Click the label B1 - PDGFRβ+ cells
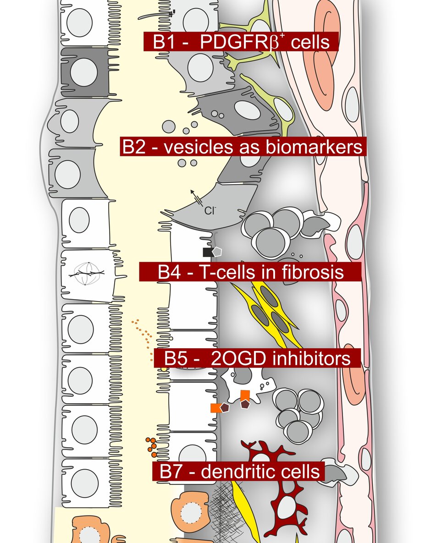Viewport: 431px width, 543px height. [241, 42]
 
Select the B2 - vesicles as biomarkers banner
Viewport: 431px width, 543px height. [243, 148]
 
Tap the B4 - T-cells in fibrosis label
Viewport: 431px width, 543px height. [250, 272]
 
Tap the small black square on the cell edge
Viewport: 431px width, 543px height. [207, 252]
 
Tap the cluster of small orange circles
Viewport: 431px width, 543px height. [152, 447]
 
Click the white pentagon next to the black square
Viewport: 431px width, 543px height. [217, 251]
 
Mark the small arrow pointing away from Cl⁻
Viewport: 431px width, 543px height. [196, 195]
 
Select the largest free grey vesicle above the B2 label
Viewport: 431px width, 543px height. [169, 126]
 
